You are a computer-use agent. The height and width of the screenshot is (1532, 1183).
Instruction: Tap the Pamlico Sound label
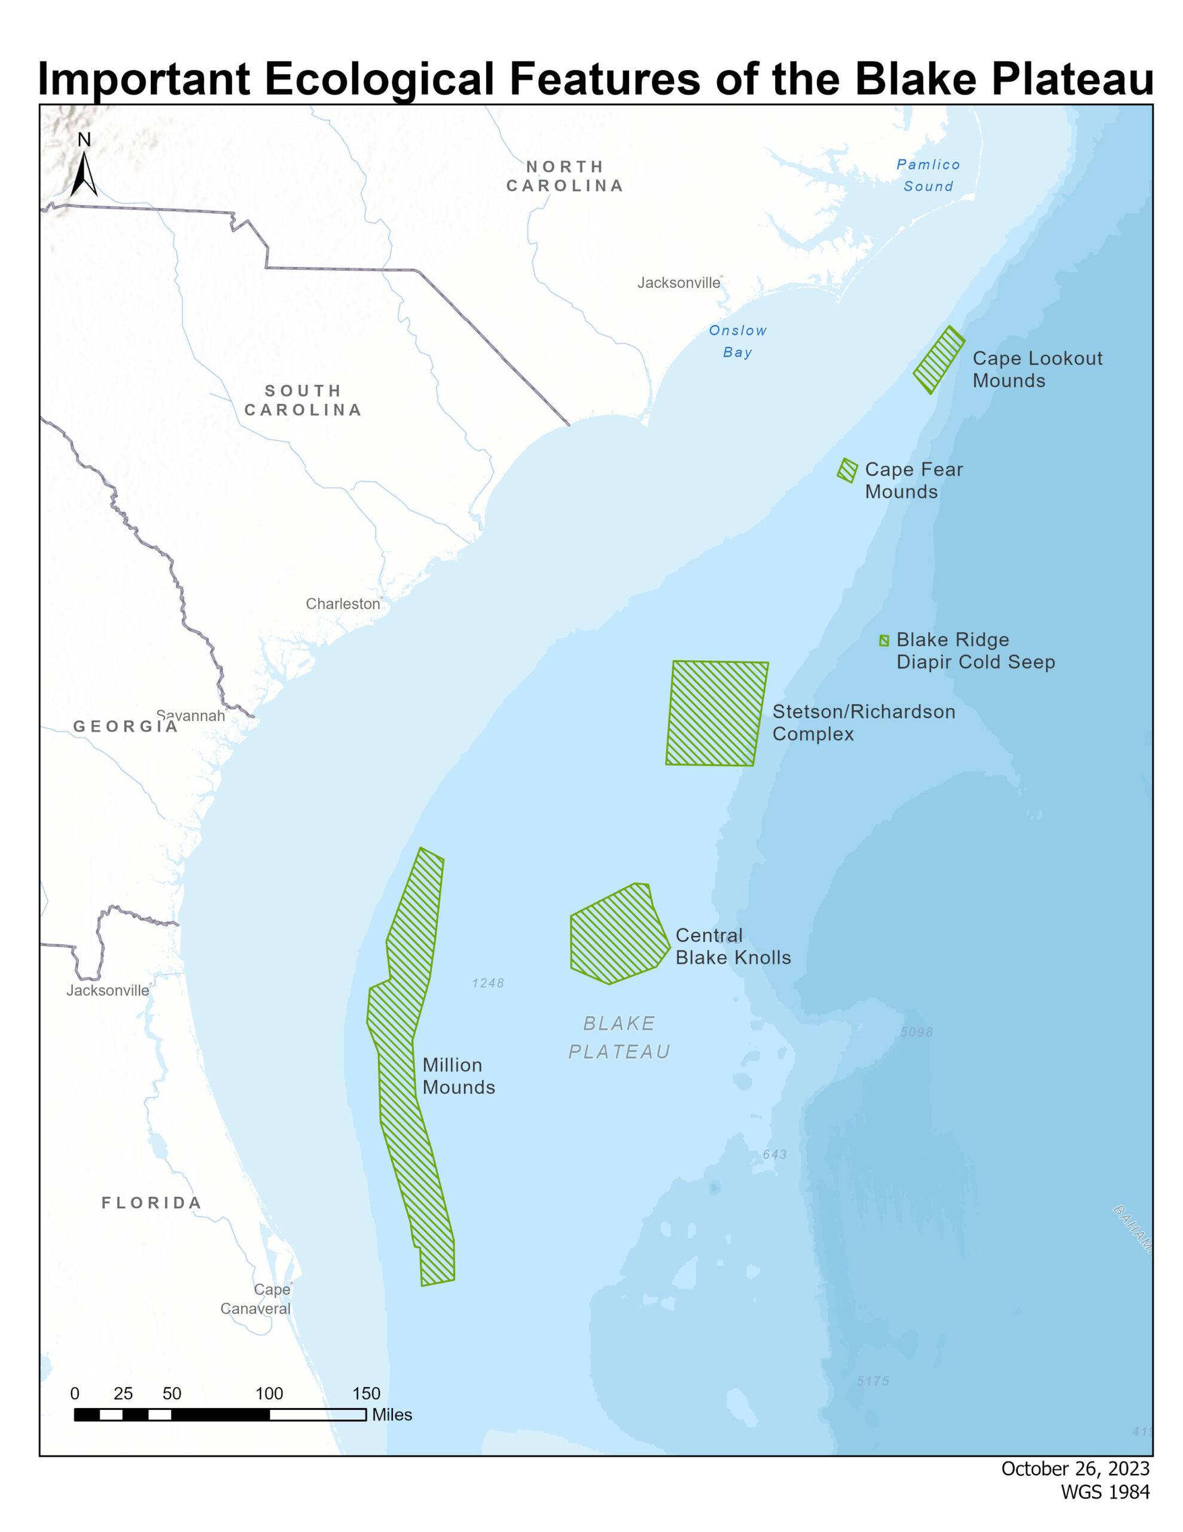(928, 175)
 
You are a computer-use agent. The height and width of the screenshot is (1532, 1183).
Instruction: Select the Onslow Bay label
(737, 341)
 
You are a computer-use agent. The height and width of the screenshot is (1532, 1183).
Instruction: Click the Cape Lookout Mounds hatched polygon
(939, 360)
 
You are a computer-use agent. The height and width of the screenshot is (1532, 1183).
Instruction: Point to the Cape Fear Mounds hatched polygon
(847, 470)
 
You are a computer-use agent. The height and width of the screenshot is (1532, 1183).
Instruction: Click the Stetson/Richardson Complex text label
(862, 722)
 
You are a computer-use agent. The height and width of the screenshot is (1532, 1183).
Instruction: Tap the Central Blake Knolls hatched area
(615, 934)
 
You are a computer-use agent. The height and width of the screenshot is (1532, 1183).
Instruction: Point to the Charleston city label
(342, 604)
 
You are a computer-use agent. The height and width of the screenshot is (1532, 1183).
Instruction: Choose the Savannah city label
(191, 716)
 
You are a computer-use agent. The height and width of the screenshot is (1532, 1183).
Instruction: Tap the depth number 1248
(488, 983)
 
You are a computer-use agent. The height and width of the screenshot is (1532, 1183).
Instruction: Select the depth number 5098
(916, 1032)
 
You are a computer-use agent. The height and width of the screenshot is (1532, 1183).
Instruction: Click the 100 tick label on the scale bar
(269, 1394)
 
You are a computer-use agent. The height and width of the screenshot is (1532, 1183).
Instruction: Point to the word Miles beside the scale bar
(391, 1415)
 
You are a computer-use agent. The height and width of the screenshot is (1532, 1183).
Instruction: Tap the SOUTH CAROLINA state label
(303, 400)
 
